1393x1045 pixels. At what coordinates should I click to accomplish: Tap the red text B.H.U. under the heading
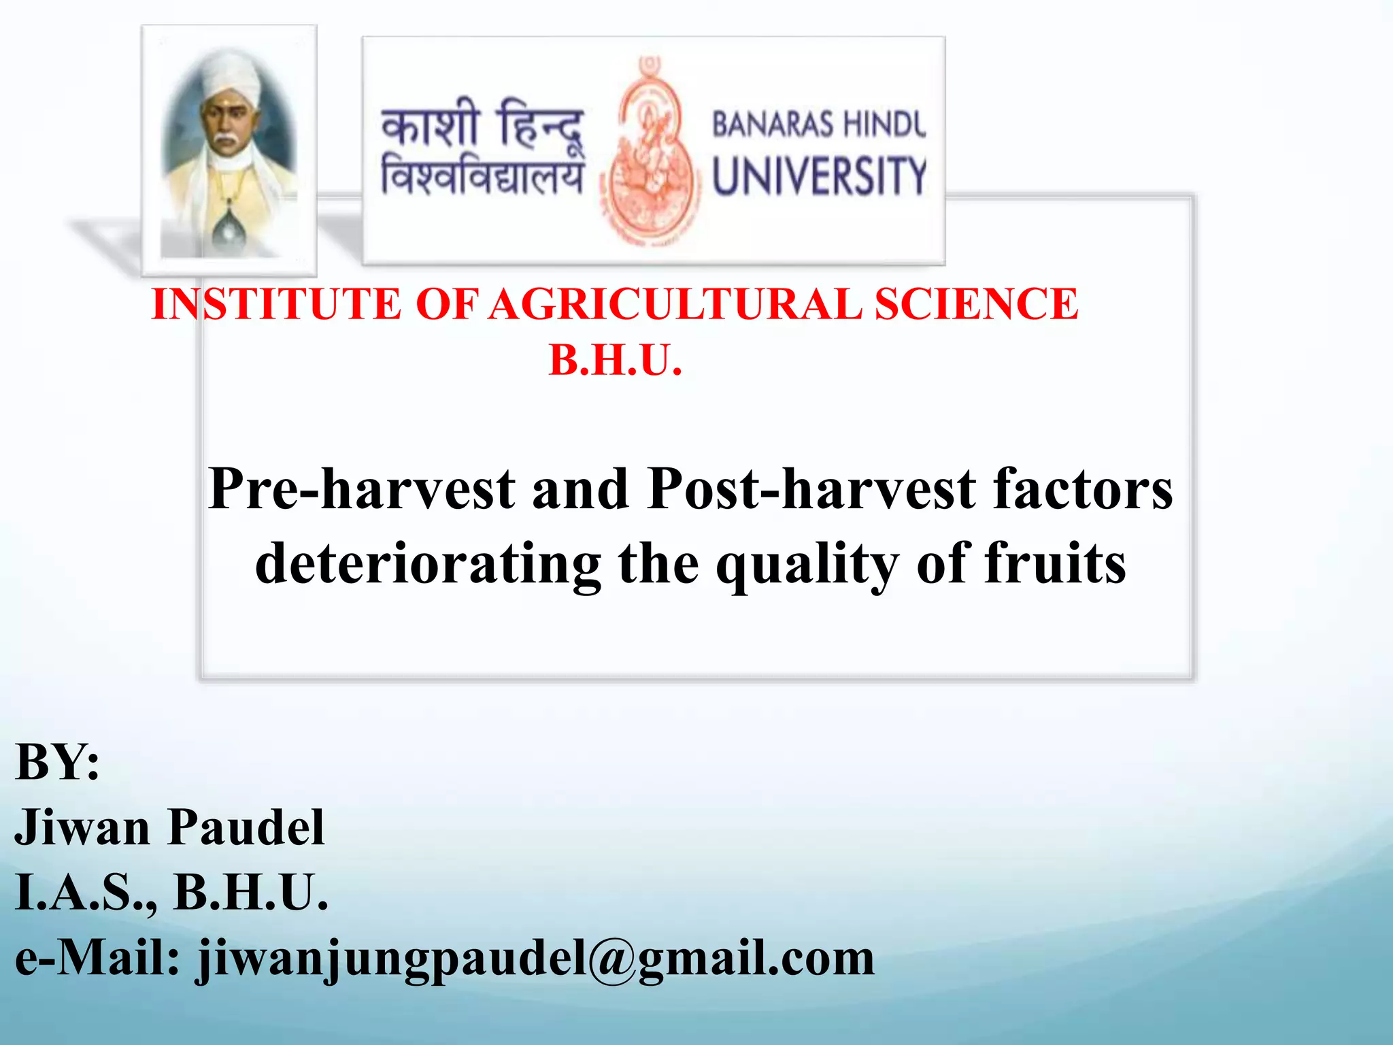[x=615, y=361]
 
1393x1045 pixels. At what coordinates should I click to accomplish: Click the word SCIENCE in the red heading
[x=976, y=304]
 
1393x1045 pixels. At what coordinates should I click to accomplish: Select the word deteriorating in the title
[x=428, y=565]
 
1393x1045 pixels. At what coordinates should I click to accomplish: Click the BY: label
[x=57, y=763]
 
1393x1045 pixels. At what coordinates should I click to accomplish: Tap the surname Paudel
[x=246, y=828]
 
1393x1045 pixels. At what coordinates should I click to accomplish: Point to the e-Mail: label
[x=97, y=958]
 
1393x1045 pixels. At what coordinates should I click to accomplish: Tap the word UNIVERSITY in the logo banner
[x=819, y=176]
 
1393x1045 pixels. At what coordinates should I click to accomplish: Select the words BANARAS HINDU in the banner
[x=819, y=125]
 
